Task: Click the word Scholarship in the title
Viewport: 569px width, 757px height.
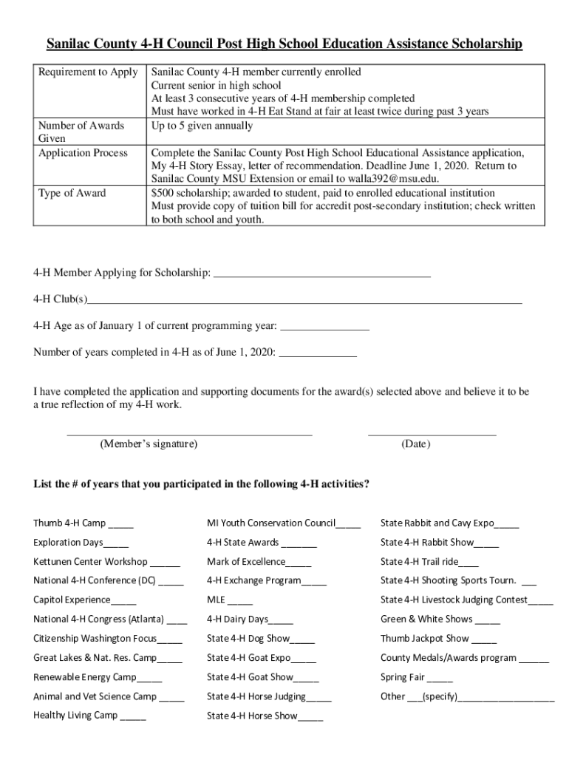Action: [x=484, y=45]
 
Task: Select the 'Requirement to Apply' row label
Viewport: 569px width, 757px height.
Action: [x=88, y=72]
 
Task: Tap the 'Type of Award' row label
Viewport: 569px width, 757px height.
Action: [x=72, y=193]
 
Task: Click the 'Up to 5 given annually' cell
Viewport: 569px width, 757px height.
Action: [x=202, y=126]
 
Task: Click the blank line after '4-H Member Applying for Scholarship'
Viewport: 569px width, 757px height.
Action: [x=321, y=274]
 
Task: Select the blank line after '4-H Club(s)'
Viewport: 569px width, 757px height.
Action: [x=304, y=300]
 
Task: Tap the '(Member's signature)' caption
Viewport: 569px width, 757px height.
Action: [x=149, y=444]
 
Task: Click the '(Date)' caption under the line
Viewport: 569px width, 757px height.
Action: [x=415, y=444]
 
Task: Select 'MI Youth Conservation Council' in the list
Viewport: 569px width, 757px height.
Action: [x=271, y=523]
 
